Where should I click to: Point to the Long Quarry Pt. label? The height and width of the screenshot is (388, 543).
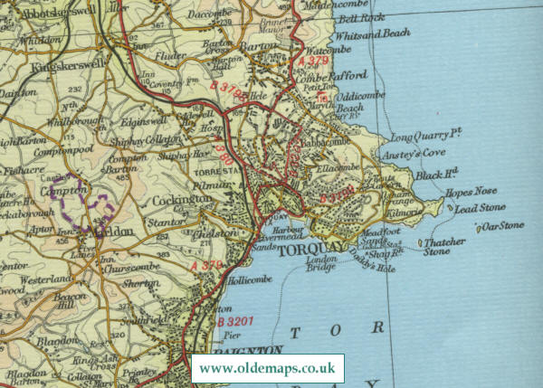pos(425,136)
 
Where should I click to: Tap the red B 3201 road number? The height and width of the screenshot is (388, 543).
pos(233,323)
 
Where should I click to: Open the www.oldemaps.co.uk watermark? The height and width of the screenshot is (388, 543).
pos(267,369)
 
